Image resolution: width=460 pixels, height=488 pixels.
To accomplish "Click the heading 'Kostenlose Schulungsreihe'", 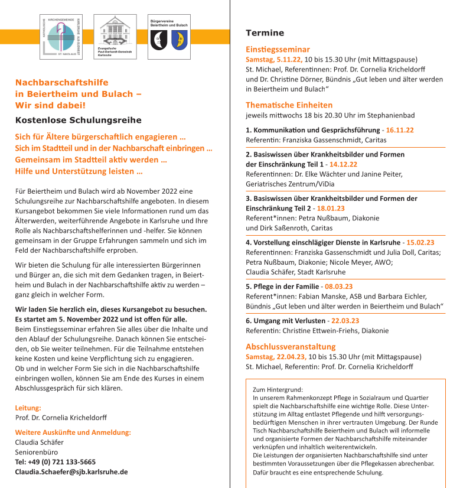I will pyautogui.click(x=79, y=120).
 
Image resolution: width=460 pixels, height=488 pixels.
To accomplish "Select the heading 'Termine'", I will pyautogui.click(x=265, y=33).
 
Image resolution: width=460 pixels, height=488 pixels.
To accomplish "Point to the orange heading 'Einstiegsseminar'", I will pyautogui.click(x=278, y=49).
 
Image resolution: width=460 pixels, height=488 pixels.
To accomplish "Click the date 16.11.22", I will pyautogui.click(x=399, y=130).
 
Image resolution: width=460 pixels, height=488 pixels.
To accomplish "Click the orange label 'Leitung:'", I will pyautogui.click(x=28, y=408).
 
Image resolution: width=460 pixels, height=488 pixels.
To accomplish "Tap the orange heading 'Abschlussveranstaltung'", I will pyautogui.click(x=291, y=346).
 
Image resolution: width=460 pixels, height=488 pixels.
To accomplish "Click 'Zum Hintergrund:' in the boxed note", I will pyautogui.click(x=277, y=389).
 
